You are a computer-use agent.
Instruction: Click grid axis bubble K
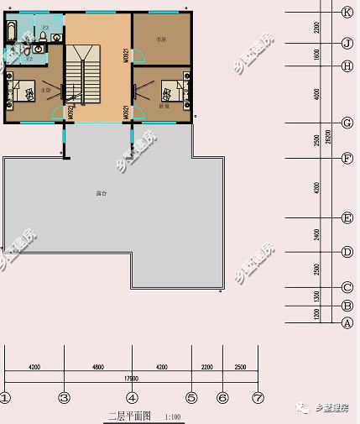pyautogui.click(x=347, y=12)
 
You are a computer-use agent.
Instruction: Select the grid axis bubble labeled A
pyautogui.click(x=347, y=322)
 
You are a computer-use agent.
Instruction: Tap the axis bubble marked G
pyautogui.click(x=347, y=123)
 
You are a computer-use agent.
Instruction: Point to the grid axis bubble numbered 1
pyautogui.click(x=5, y=398)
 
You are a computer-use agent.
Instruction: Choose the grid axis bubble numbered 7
pyautogui.click(x=258, y=398)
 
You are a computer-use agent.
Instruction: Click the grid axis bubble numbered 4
pyautogui.click(x=133, y=398)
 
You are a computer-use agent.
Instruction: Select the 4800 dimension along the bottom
pyautogui.click(x=97, y=367)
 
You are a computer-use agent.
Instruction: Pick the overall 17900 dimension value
pyautogui.click(x=131, y=378)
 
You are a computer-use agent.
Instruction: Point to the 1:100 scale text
pyautogui.click(x=172, y=416)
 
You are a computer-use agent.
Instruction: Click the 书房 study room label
pyautogui.click(x=160, y=39)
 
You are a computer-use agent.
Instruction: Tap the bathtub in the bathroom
pyautogui.click(x=11, y=33)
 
